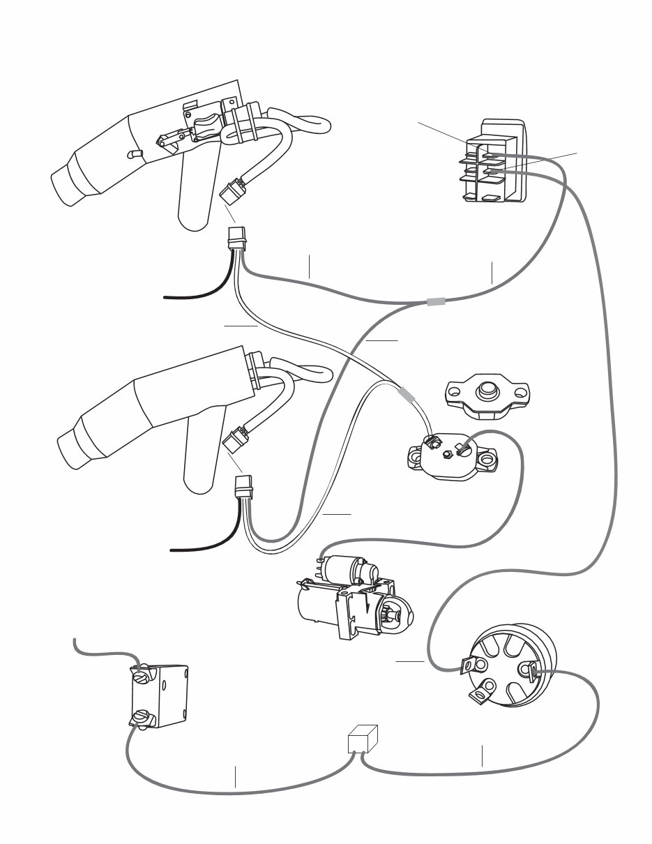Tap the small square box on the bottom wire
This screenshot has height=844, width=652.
(x=363, y=740)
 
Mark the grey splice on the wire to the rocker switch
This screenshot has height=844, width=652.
(x=435, y=302)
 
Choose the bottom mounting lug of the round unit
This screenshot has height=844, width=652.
(x=480, y=694)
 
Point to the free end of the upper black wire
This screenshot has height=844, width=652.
(x=165, y=296)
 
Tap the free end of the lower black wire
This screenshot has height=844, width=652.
(x=172, y=550)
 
